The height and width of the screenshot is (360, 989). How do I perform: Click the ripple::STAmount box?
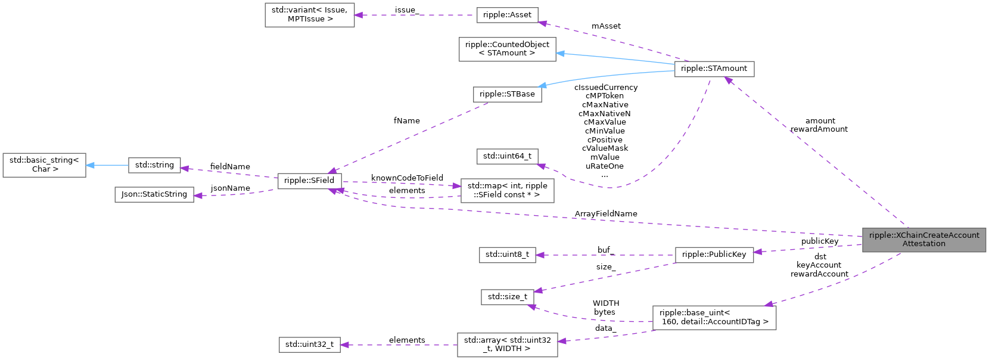(x=714, y=69)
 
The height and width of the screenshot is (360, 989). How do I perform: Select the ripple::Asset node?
(x=507, y=15)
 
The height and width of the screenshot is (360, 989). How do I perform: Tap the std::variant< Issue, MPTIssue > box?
(x=309, y=15)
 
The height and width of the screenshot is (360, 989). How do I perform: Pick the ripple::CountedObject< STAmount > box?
(x=507, y=49)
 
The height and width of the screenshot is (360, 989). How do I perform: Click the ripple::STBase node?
(x=507, y=94)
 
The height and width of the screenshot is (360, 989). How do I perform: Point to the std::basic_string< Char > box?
(x=44, y=165)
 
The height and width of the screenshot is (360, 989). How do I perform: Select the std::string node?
(x=154, y=165)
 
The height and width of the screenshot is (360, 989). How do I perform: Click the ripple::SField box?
(x=309, y=181)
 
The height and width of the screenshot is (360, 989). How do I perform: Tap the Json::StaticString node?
(x=154, y=194)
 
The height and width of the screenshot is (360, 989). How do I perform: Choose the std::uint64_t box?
(x=507, y=156)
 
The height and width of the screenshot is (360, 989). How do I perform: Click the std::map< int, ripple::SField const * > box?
(x=507, y=190)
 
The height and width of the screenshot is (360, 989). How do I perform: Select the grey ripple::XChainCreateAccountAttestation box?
(x=923, y=240)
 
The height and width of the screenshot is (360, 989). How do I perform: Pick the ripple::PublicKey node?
(x=714, y=255)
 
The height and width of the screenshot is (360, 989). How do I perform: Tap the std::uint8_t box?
(x=507, y=255)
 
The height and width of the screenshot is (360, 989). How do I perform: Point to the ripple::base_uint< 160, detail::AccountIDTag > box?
(x=714, y=317)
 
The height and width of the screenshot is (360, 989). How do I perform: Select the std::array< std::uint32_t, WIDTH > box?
(x=507, y=345)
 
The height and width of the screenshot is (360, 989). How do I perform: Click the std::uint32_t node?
(x=310, y=345)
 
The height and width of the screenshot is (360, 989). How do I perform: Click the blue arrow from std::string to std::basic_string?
(x=107, y=165)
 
